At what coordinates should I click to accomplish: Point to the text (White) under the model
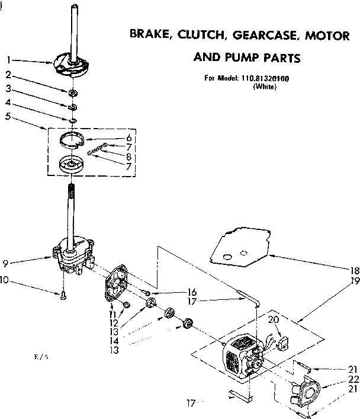click(264, 87)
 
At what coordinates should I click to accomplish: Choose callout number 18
click(353, 270)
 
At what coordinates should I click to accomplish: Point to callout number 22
click(353, 379)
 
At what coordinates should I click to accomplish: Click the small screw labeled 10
click(62, 296)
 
